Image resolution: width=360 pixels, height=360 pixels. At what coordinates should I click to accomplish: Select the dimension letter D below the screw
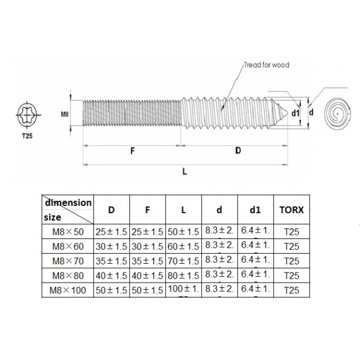(238, 150)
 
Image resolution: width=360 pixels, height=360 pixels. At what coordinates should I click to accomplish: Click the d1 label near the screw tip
(296, 112)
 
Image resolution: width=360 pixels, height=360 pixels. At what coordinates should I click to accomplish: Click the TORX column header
(290, 209)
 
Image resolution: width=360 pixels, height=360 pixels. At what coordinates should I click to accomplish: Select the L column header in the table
(184, 209)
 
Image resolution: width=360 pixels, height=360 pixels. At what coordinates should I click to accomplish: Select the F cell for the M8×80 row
(148, 275)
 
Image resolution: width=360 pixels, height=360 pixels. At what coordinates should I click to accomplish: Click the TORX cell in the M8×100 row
(291, 290)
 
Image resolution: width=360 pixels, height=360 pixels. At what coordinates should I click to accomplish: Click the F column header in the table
(148, 209)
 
